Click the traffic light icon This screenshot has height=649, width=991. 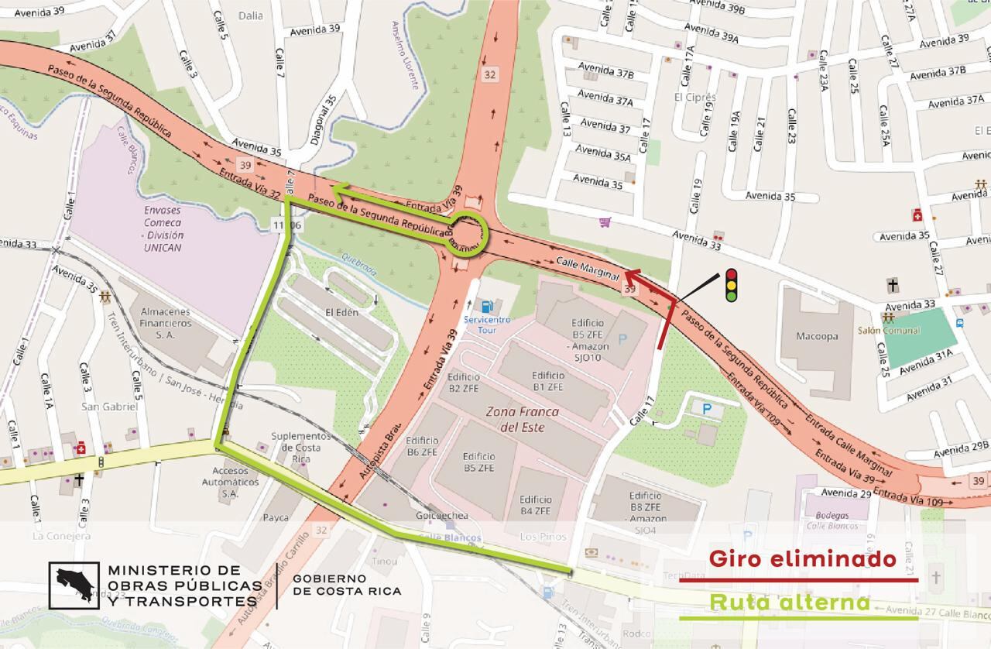[x=730, y=284]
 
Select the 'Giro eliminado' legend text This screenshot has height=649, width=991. [x=802, y=559]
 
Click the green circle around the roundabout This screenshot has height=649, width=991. [x=469, y=232]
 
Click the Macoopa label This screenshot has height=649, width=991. [x=818, y=336]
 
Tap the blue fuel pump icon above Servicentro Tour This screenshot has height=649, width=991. [x=487, y=305]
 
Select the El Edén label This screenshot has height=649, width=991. [x=341, y=312]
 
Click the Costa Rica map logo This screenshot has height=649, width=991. [x=74, y=585]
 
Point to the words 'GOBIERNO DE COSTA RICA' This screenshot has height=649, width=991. [x=347, y=585]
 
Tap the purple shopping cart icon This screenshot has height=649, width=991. [x=605, y=222]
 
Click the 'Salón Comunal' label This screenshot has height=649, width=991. [x=910, y=331]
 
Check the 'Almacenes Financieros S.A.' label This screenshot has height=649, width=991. [x=165, y=322]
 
